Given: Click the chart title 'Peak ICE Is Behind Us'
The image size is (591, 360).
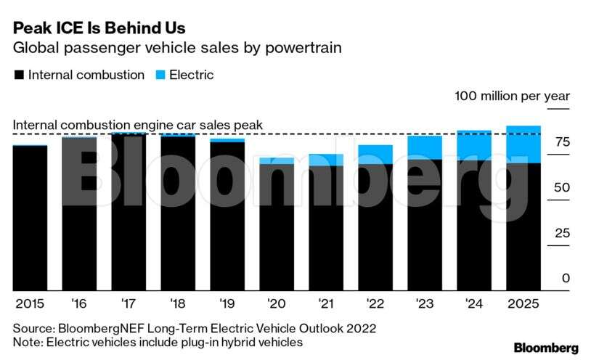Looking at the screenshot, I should click(x=99, y=29).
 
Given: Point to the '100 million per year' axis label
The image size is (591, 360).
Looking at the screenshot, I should click(x=513, y=96).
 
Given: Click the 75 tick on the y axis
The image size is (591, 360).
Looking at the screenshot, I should click(x=562, y=142).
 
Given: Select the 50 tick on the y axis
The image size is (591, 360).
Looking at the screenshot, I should click(x=562, y=188).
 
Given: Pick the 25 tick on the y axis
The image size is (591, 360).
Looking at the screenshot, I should click(x=562, y=234).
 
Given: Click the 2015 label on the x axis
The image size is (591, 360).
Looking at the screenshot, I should click(x=30, y=303).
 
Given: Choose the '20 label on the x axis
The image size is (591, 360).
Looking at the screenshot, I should click(x=276, y=303).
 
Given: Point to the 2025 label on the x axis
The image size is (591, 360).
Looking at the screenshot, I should click(x=523, y=303).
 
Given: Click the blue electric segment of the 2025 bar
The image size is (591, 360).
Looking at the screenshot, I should click(x=523, y=144).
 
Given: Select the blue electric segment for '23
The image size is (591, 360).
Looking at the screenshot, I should click(x=424, y=147).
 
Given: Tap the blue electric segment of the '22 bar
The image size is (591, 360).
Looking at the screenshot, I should click(x=375, y=154).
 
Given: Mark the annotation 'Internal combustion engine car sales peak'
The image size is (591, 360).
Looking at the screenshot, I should click(x=138, y=125).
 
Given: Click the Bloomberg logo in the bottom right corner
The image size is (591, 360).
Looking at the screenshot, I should click(x=545, y=347).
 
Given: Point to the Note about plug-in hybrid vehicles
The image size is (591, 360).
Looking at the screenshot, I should click(x=158, y=342).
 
